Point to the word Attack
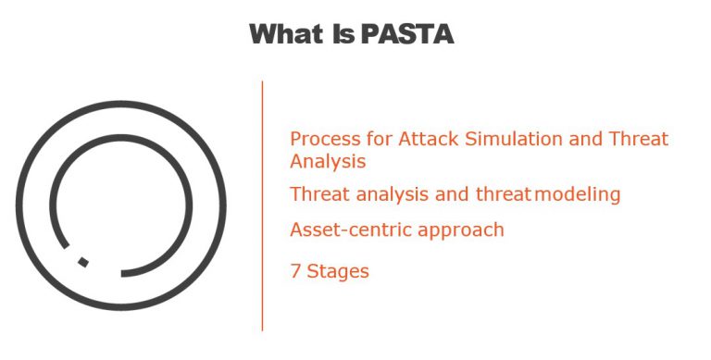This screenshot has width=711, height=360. pos(429,140)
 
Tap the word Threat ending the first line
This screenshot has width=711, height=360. pos(639,140)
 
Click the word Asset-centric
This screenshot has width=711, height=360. pos(346,230)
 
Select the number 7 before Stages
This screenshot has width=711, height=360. pos(295,271)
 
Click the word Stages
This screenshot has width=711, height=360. pos(338,272)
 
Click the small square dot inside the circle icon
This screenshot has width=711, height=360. pos(83,262)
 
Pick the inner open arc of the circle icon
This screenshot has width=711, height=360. pos(191,205)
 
